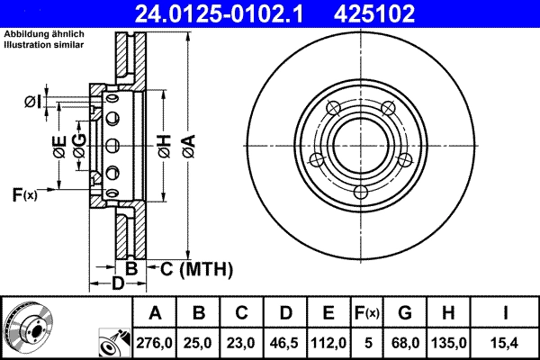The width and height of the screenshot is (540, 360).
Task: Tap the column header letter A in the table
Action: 155,312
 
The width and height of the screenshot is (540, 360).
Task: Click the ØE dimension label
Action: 58,148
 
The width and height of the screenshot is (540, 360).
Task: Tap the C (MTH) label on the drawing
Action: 195,268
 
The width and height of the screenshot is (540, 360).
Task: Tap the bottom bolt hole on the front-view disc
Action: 361,192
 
